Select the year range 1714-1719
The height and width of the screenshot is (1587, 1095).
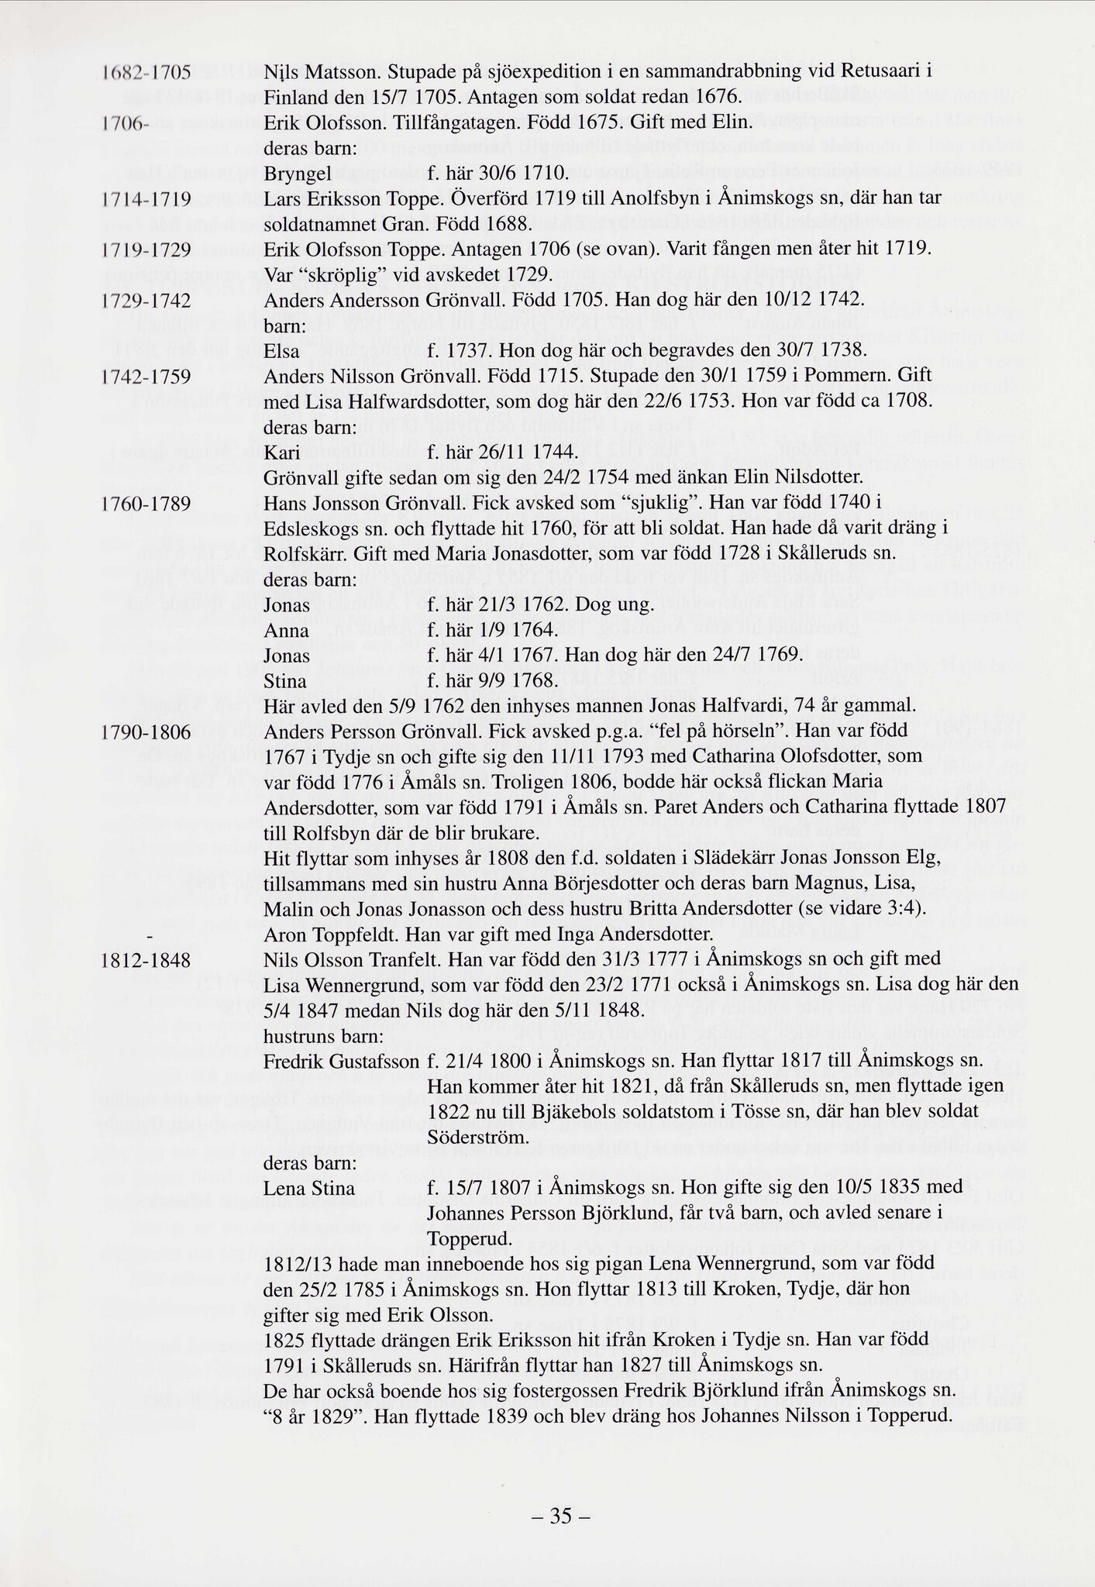pyautogui.click(x=146, y=200)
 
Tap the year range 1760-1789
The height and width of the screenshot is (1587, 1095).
pyautogui.click(x=146, y=504)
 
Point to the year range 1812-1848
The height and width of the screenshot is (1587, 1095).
pyautogui.click(x=146, y=960)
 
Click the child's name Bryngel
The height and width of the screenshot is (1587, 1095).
pyautogui.click(x=298, y=174)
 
